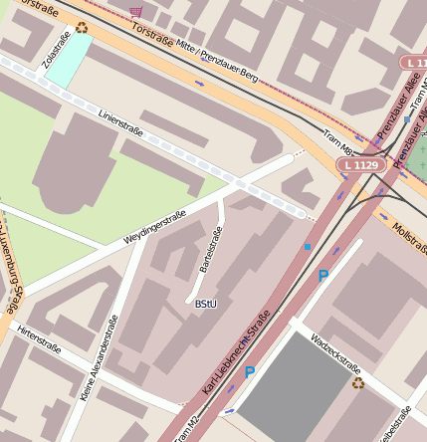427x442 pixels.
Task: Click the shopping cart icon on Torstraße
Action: click(135, 11)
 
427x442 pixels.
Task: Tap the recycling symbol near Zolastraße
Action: click(82, 28)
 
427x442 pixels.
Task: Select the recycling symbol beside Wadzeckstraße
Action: click(357, 381)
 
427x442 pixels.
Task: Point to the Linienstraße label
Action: click(120, 124)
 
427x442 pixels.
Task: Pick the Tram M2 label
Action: click(187, 428)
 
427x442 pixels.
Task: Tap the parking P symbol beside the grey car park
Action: click(250, 372)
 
